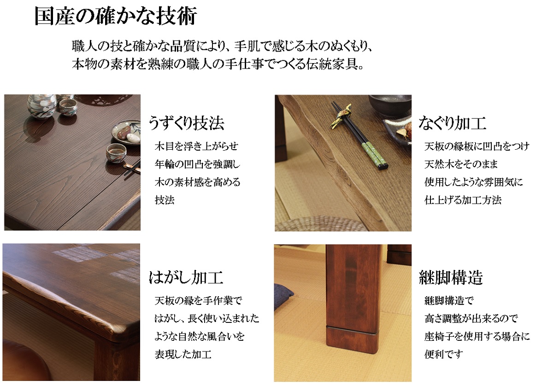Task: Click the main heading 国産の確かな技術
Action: [116, 16]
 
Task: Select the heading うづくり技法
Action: [186, 123]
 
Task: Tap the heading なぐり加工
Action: [452, 123]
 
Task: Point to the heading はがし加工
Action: [186, 277]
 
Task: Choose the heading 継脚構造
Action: [451, 277]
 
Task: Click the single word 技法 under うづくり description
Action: [165, 200]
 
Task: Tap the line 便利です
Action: [444, 354]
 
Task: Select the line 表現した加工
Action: [183, 354]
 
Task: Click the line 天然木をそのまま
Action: [461, 164]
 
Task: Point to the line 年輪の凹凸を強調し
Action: [198, 164]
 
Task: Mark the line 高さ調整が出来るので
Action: [471, 319]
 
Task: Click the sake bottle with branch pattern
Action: [41, 106]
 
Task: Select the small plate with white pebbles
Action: [126, 133]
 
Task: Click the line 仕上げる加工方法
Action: [463, 200]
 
